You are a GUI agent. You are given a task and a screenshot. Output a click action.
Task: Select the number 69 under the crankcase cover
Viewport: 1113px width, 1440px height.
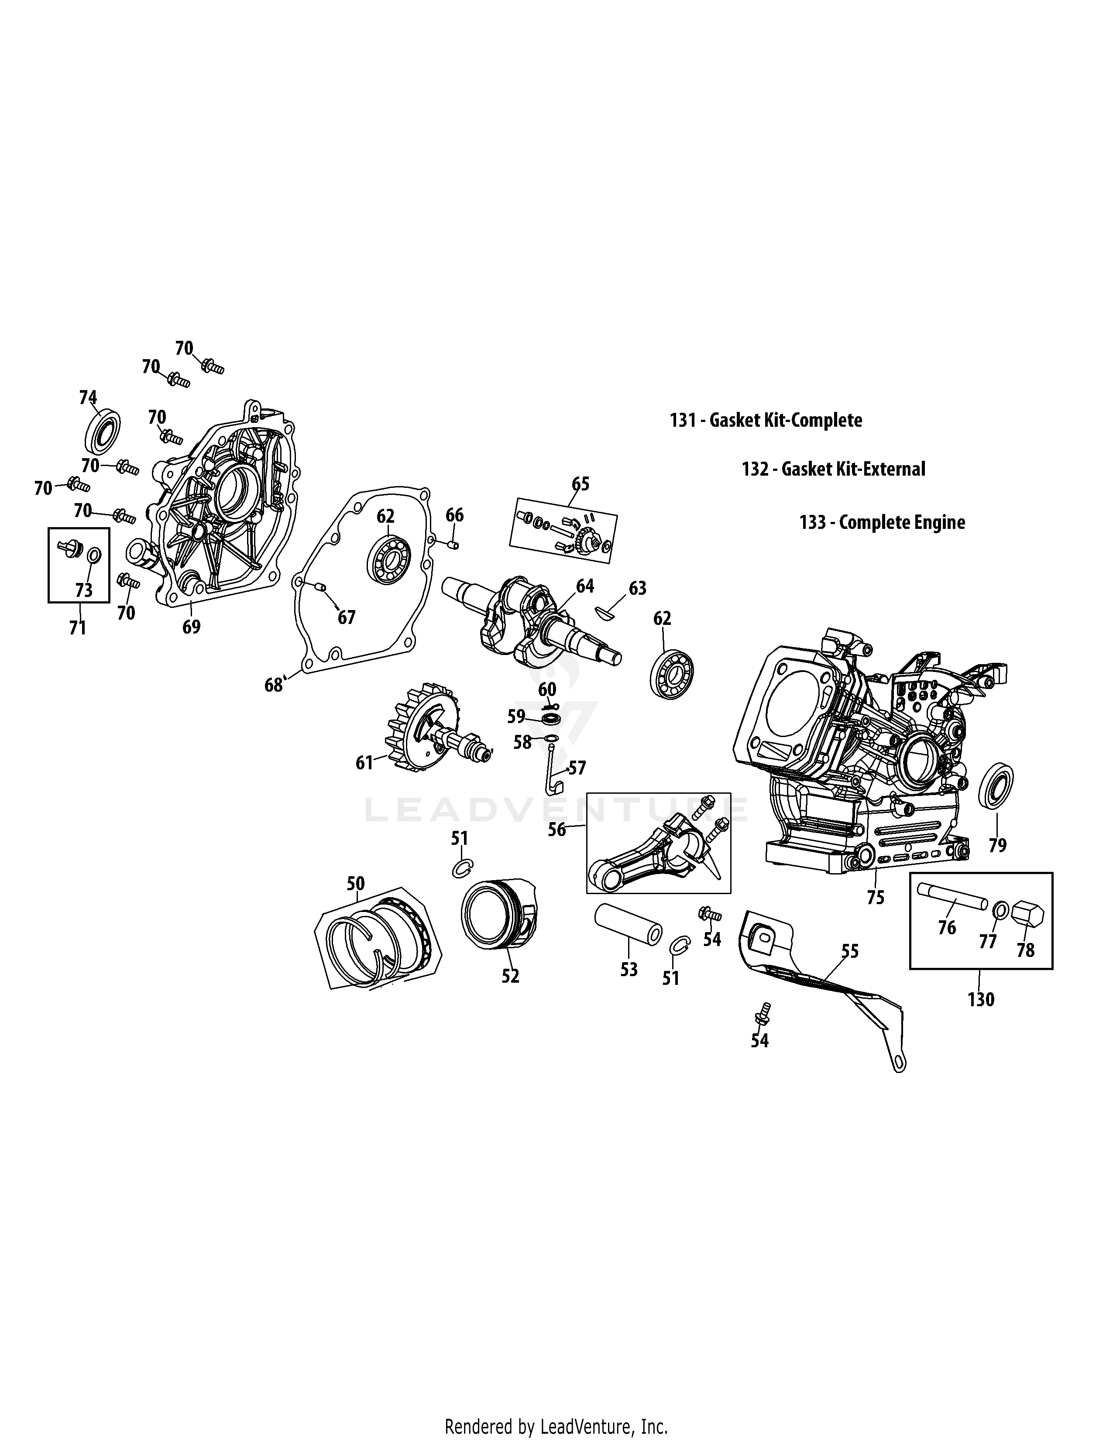(191, 626)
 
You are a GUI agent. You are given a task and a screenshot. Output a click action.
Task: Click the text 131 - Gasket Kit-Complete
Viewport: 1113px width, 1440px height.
(766, 420)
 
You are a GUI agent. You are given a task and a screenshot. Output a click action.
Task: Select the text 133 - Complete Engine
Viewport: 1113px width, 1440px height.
(882, 522)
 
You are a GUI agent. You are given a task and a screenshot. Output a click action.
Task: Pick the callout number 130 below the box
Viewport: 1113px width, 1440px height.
(980, 1000)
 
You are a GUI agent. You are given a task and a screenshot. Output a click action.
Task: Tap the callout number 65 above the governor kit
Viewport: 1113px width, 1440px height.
(580, 483)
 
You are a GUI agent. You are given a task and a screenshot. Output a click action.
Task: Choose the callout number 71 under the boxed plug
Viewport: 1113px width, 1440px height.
(78, 627)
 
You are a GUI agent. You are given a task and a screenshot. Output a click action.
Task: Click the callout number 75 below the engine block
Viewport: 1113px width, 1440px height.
(876, 897)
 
